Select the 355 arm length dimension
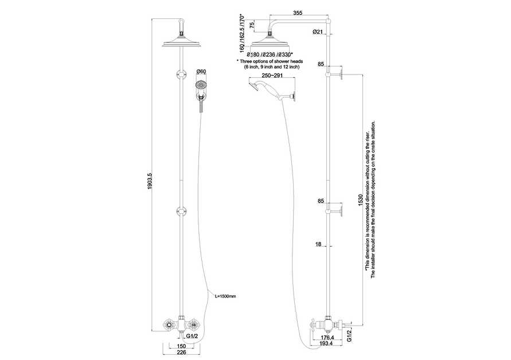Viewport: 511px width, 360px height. pyautogui.click(x=298, y=13)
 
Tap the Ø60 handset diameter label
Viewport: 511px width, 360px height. pyautogui.click(x=201, y=71)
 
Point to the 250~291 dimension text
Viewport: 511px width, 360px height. pyautogui.click(x=272, y=75)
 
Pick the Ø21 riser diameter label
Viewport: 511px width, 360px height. pyautogui.click(x=317, y=32)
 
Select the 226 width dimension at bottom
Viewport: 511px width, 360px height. pyautogui.click(x=181, y=352)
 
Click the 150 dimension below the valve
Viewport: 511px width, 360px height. pyautogui.click(x=181, y=346)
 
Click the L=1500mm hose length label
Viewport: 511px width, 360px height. pyautogui.click(x=225, y=296)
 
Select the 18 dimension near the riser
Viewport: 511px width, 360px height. pyautogui.click(x=318, y=244)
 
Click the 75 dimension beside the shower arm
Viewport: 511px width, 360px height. pyautogui.click(x=252, y=26)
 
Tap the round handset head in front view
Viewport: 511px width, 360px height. pyautogui.click(x=201, y=85)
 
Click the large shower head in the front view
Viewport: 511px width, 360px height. pyautogui.click(x=182, y=44)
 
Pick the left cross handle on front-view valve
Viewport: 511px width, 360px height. pyautogui.click(x=169, y=324)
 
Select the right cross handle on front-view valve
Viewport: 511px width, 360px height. pyautogui.click(x=194, y=324)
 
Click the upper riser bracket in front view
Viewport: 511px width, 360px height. pyautogui.click(x=182, y=73)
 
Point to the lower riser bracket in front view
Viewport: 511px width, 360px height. pyautogui.click(x=182, y=211)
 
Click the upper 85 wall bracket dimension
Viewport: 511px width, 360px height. pyautogui.click(x=321, y=64)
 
